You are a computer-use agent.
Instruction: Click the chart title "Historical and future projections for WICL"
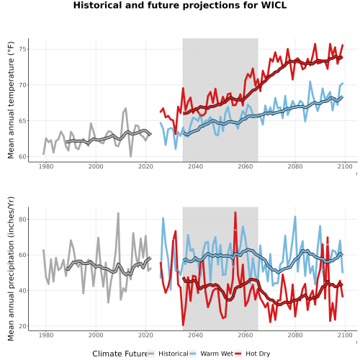click(180, 5)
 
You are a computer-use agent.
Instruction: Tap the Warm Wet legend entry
click(212, 354)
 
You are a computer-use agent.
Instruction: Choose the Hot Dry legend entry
click(253, 354)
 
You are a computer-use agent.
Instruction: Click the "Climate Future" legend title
click(120, 354)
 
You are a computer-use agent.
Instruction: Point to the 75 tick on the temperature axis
click(23, 49)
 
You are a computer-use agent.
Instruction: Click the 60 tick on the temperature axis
click(23, 156)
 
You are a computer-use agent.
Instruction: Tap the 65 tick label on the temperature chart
click(23, 121)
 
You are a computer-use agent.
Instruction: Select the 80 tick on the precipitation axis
click(23, 219)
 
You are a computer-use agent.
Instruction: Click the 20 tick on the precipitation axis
click(23, 326)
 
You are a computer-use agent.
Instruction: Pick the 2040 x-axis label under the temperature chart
click(195, 166)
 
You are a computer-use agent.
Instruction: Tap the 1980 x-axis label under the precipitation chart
click(46, 335)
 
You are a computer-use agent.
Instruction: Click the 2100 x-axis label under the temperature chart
click(345, 166)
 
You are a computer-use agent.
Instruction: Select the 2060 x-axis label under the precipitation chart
click(246, 335)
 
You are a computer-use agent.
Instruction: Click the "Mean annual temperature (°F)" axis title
click(11, 100)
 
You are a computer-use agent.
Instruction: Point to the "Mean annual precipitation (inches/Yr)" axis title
click(11, 269)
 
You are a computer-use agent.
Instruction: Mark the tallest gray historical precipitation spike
click(118, 213)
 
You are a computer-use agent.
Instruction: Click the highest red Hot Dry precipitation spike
click(235, 212)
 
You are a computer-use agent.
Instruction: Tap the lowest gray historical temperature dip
click(131, 156)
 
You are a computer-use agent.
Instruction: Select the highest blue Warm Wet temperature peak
click(310, 81)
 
